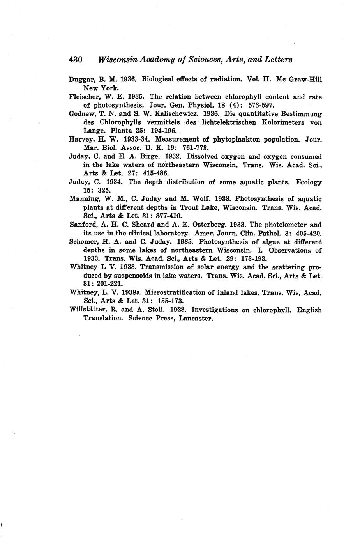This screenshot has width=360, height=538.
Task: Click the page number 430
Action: click(75, 60)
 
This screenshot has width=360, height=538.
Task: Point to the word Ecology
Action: click(309, 182)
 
